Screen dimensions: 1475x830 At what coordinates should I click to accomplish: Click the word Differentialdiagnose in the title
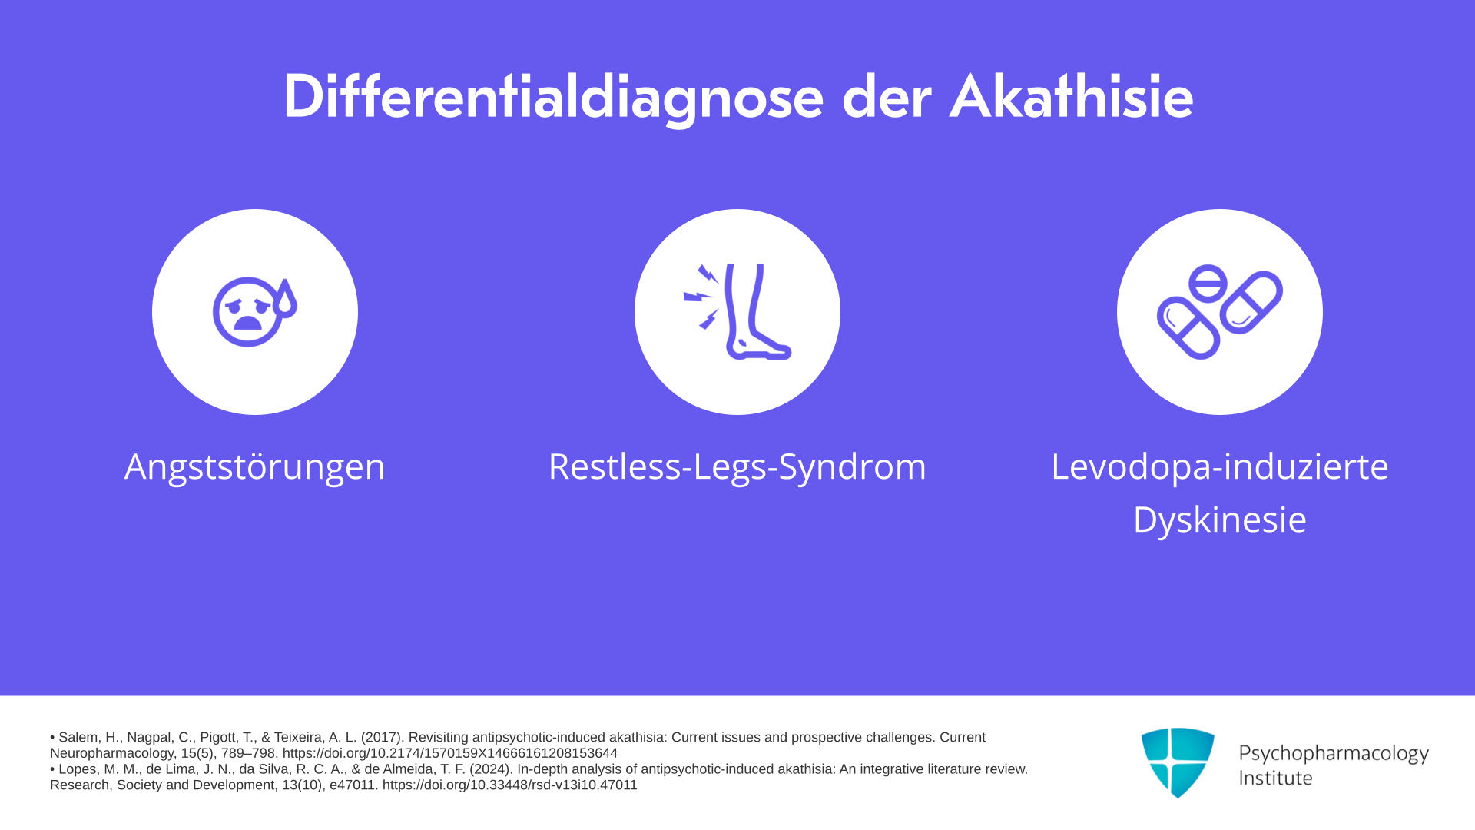point(553,98)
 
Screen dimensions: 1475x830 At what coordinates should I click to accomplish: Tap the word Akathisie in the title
point(1071,97)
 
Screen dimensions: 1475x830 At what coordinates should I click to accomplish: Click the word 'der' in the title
point(887,97)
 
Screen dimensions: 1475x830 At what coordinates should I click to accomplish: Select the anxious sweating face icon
point(254,311)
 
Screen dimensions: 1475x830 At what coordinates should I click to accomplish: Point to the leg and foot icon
point(737,312)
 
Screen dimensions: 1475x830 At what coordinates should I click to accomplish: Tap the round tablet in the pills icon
point(1208,283)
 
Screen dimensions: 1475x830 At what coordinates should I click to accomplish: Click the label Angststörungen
point(254,467)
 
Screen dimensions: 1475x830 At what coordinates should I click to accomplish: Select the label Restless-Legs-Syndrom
point(737,467)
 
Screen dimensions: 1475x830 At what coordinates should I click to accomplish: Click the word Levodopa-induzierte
point(1220,466)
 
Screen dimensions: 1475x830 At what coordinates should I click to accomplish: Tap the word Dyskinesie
point(1220,520)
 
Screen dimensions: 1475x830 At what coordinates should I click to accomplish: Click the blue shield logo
point(1178,762)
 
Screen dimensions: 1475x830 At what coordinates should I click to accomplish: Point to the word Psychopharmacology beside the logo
point(1334,754)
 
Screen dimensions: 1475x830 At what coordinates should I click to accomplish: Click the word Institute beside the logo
point(1275,779)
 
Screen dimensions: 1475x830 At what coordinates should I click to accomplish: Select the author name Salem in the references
point(78,738)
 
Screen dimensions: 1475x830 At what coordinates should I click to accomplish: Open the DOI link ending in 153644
point(449,753)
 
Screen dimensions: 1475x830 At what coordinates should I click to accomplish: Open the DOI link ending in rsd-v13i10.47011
point(509,785)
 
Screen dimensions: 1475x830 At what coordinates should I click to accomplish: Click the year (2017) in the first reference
point(382,738)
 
